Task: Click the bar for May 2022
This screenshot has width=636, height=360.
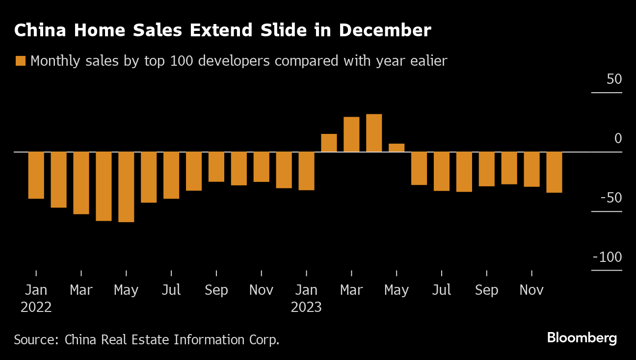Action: click(x=126, y=187)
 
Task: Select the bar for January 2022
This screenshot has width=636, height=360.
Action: click(x=36, y=175)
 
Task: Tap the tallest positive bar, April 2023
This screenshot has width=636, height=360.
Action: click(x=374, y=133)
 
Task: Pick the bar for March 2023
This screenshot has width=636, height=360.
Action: click(x=351, y=134)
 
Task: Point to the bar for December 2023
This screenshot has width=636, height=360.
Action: click(x=554, y=172)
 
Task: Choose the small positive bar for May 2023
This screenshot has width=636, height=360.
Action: click(x=397, y=148)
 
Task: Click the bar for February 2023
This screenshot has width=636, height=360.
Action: click(x=329, y=143)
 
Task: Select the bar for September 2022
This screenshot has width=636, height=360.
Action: click(x=216, y=167)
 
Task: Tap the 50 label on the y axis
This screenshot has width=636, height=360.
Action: click(x=614, y=79)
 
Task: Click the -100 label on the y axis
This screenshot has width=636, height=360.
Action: click(x=607, y=257)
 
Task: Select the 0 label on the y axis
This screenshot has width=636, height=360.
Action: click(x=618, y=139)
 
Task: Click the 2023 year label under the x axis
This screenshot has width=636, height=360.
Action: click(x=306, y=308)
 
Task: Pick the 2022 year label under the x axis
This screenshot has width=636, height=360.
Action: click(x=36, y=308)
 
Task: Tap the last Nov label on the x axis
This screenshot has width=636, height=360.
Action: click(x=531, y=290)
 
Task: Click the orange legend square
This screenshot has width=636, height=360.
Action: click(x=21, y=61)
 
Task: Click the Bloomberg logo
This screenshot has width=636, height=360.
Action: click(x=582, y=338)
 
